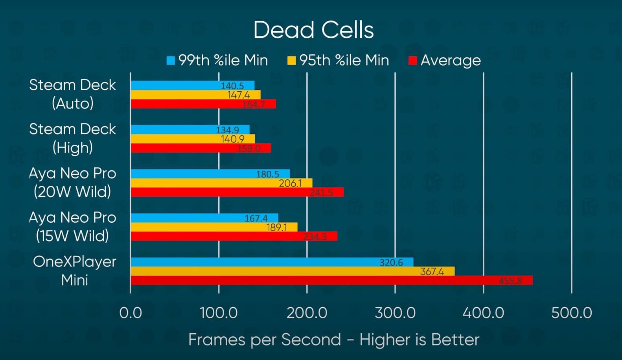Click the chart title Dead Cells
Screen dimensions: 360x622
tap(313, 30)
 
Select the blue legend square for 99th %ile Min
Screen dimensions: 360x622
tap(171, 61)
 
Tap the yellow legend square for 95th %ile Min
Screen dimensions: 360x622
tap(291, 61)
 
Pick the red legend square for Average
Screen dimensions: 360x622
tap(412, 61)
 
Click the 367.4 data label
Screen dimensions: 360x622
tap(432, 271)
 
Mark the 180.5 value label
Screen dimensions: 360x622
tap(267, 174)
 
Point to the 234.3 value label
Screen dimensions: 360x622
tap(315, 236)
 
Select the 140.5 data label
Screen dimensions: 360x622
tap(232, 86)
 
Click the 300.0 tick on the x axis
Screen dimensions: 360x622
tap(395, 313)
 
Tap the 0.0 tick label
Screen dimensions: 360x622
tap(131, 313)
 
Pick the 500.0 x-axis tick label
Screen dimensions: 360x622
tap(571, 313)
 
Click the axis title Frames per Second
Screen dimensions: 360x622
tap(333, 340)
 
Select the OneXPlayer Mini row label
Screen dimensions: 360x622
tap(74, 271)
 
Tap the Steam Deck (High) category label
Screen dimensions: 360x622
tap(72, 138)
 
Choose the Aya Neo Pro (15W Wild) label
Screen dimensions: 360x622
tap(72, 227)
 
